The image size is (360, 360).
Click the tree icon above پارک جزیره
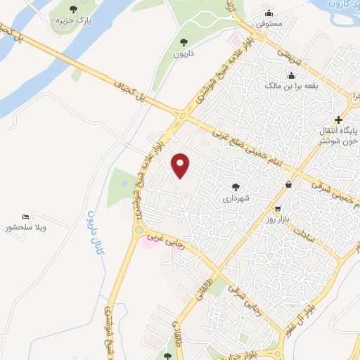pyautogui.click(x=73, y=9)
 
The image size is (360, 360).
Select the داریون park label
pyautogui.click(x=185, y=53)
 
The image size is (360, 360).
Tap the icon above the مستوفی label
pyautogui.click(x=269, y=13)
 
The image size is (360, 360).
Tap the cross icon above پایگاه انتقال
pyautogui.click(x=340, y=120)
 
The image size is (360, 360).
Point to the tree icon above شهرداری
pyautogui.click(x=236, y=187)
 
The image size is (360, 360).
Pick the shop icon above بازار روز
pyautogui.click(x=278, y=209)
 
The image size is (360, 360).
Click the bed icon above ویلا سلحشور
pyautogui.click(x=25, y=216)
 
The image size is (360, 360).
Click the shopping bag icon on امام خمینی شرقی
pyautogui.click(x=289, y=185)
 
